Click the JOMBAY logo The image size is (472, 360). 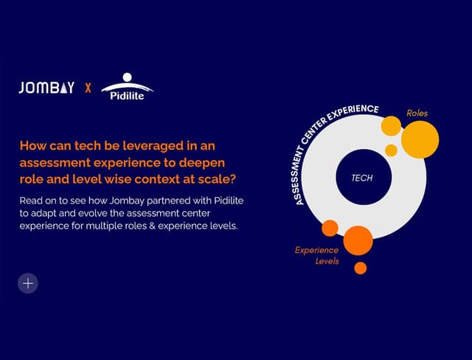click(x=46, y=88)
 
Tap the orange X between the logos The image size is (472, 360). click(x=88, y=88)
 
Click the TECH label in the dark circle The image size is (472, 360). click(x=361, y=179)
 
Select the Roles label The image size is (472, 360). click(x=417, y=113)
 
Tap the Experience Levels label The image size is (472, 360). click(x=317, y=256)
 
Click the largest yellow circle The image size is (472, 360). click(x=420, y=139)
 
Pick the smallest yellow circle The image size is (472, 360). click(x=391, y=150)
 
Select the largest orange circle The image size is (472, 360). click(x=358, y=240)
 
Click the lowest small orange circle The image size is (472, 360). click(x=360, y=268)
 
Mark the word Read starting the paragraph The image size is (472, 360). click(x=30, y=201)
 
